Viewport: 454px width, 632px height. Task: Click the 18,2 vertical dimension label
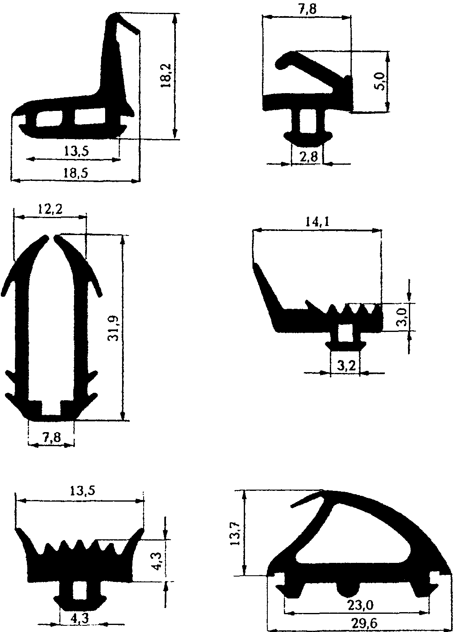166,75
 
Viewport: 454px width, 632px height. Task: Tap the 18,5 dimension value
75,173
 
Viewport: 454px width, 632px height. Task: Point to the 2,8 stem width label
309,156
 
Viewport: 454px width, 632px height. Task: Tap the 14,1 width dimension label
317,222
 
